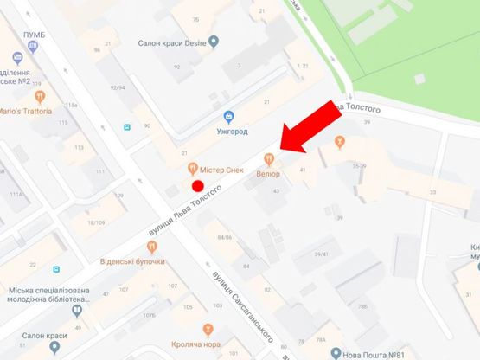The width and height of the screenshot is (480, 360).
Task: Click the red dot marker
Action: [x=197, y=185]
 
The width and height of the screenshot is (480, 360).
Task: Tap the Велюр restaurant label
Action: [x=267, y=174]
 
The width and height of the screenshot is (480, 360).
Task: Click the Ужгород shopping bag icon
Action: [x=227, y=117]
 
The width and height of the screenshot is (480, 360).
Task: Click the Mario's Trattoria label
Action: [x=25, y=111]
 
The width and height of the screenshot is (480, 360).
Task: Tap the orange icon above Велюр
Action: [x=269, y=158]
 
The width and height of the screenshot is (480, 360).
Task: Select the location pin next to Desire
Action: [x=214, y=42]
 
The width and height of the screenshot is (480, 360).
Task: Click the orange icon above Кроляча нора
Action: [x=207, y=329]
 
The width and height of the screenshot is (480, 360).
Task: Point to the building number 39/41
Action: [x=322, y=253]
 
